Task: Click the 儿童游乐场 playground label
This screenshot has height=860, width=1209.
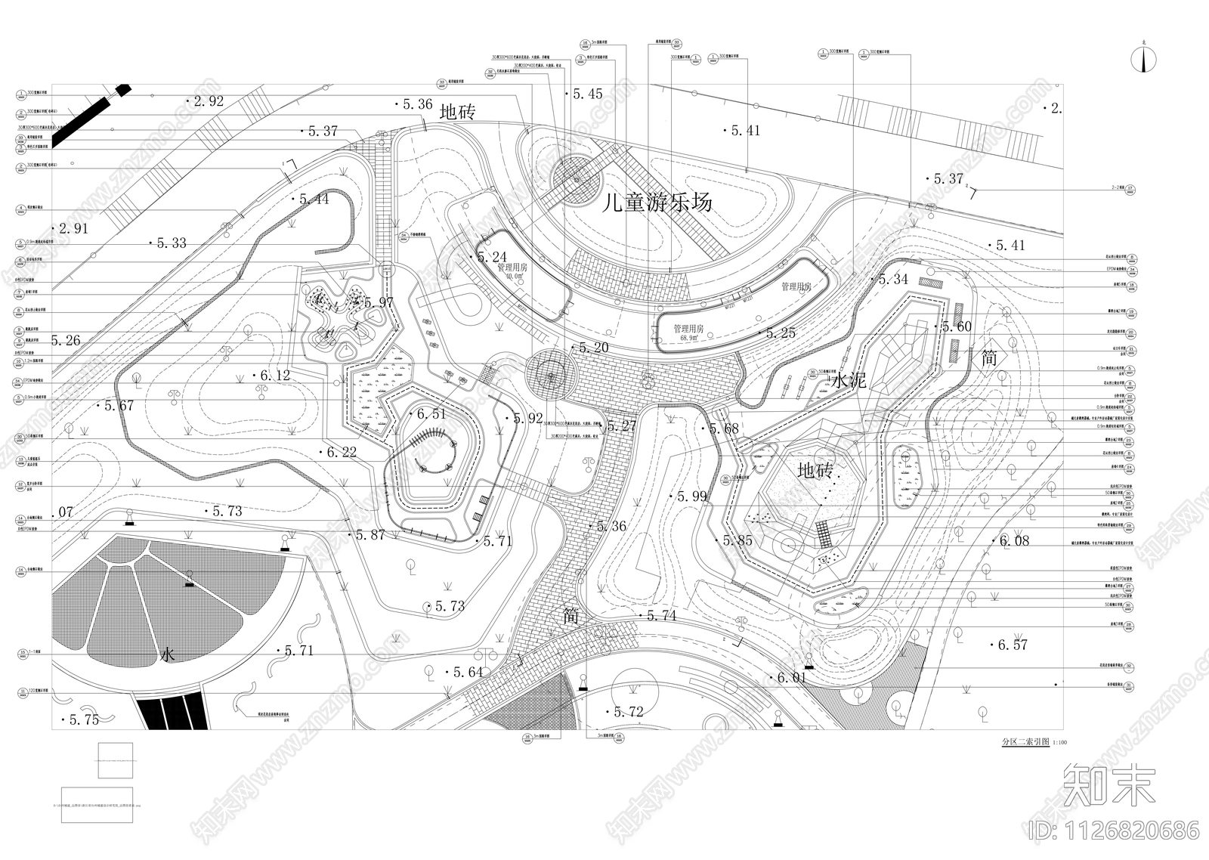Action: tap(657, 203)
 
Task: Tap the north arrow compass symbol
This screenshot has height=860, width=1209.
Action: tap(1143, 60)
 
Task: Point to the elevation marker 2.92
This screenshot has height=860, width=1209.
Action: tap(208, 101)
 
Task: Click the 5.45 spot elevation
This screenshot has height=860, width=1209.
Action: tap(587, 94)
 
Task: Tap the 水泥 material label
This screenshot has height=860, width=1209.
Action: tap(848, 381)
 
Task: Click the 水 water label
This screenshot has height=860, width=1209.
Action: tap(168, 654)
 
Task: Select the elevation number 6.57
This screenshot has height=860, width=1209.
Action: tap(1013, 645)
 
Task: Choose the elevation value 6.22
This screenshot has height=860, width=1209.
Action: tap(342, 452)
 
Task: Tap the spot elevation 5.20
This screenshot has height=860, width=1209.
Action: tap(593, 348)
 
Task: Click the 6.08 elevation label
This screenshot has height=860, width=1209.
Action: tap(1014, 540)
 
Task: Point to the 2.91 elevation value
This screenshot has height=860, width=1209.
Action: tap(73, 228)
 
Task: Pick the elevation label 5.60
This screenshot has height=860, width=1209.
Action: tap(956, 326)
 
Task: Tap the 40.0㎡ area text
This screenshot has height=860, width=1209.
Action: tap(514, 277)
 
